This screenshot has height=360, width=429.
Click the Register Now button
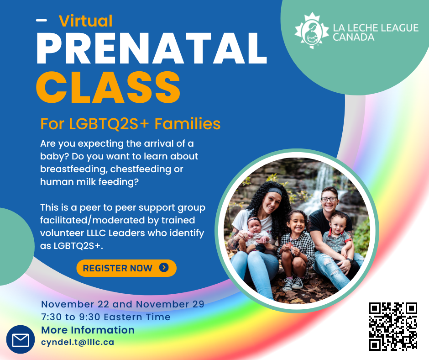tap(126, 268)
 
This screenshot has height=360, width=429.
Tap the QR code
tap(393, 326)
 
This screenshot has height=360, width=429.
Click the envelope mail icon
tap(21, 340)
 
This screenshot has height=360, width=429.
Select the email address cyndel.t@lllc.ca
tap(78, 343)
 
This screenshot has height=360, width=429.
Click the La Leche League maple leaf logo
tap(312, 31)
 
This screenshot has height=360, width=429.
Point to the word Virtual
tap(86, 21)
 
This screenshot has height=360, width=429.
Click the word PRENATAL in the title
tap(152, 49)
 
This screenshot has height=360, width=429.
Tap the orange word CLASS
tap(108, 87)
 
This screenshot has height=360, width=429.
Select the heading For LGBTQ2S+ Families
tap(130, 124)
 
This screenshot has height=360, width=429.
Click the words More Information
tap(88, 330)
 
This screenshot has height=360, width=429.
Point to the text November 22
tap(75, 304)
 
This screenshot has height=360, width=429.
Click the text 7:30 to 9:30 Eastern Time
tap(105, 317)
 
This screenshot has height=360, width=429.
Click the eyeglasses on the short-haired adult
tap(329, 199)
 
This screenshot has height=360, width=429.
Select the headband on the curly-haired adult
tap(274, 191)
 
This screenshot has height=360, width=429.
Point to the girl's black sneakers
tap(293, 284)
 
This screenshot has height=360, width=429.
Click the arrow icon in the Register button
tap(164, 267)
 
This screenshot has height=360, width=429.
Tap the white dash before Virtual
tap(42, 20)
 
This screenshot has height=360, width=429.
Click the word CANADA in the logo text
tap(353, 37)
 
